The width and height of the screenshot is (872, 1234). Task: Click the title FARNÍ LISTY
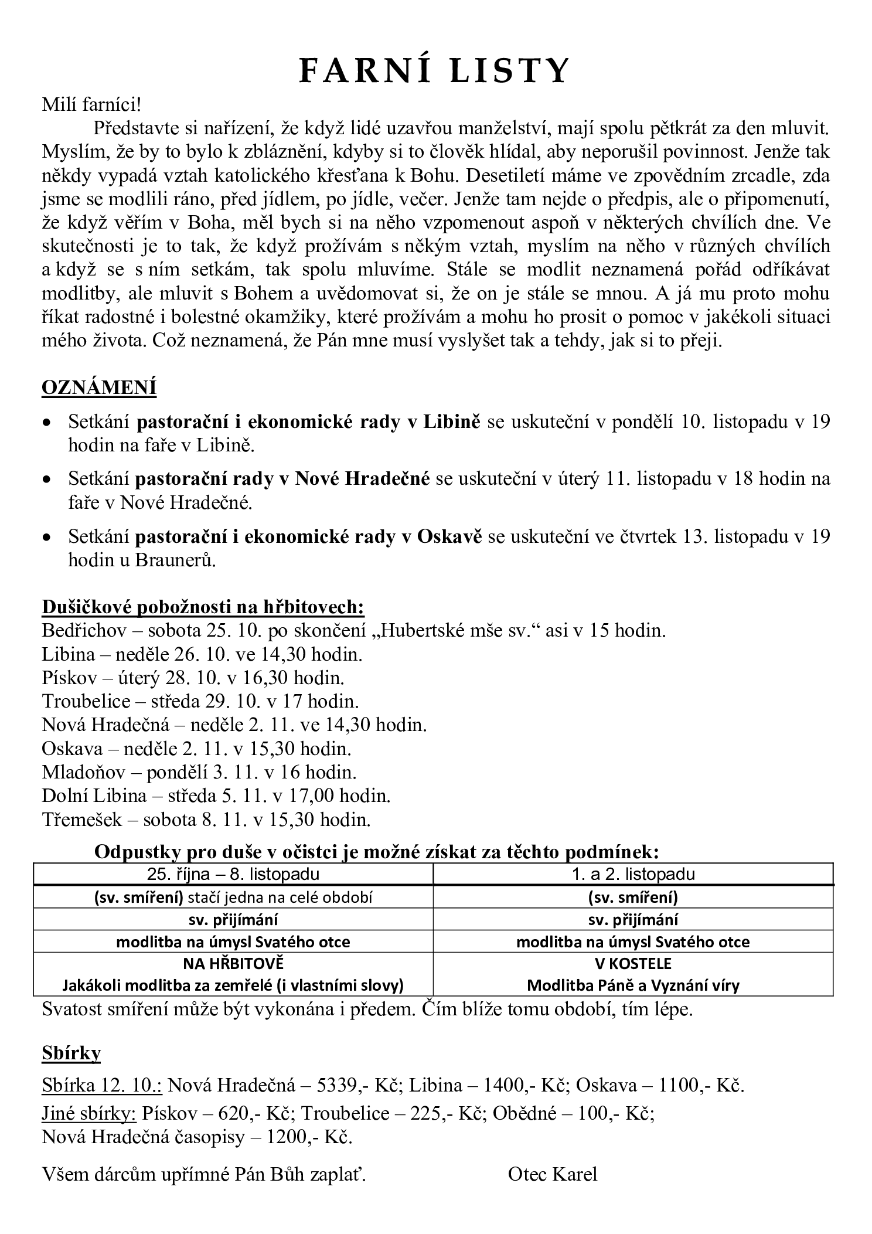[x=434, y=72]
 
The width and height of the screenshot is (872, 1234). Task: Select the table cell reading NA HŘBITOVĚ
[x=233, y=963]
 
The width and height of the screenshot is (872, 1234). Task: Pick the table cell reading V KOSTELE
[x=632, y=963]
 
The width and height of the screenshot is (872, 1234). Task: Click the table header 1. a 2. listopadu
[x=633, y=874]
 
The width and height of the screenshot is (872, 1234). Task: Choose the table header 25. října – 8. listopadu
[x=233, y=874]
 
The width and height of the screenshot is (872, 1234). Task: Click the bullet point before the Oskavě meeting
[x=47, y=537]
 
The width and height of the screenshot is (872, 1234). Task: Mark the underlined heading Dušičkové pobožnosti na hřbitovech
[x=203, y=607]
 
